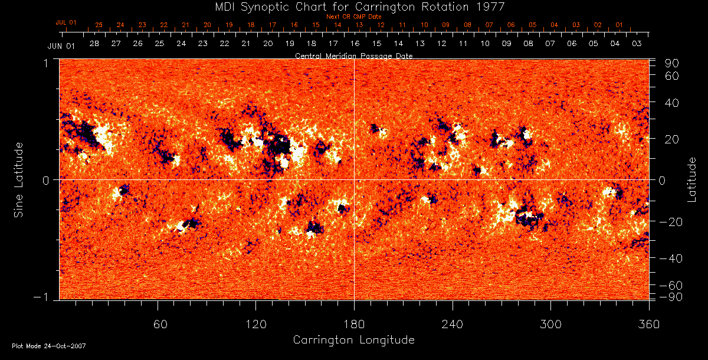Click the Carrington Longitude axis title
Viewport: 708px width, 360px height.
coord(353,340)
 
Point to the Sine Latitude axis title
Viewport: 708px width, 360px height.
coord(19,179)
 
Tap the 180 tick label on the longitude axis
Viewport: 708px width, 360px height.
coord(354,324)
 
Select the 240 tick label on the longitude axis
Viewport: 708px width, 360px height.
coord(453,324)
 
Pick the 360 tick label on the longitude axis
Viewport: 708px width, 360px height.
coord(649,324)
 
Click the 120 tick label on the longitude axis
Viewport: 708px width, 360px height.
coord(256,324)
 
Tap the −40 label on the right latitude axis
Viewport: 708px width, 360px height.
coord(671,258)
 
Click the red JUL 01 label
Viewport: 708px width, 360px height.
coord(66,22)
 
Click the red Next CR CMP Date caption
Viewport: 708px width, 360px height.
coord(353,17)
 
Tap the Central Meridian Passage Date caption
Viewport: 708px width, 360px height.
coord(353,55)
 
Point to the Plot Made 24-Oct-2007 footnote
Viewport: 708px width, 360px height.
coord(49,346)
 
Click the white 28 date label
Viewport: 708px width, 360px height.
coord(94,44)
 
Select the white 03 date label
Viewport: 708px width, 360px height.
coord(637,44)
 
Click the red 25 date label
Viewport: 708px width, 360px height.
coord(99,25)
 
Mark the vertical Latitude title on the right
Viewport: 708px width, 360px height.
coord(691,179)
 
